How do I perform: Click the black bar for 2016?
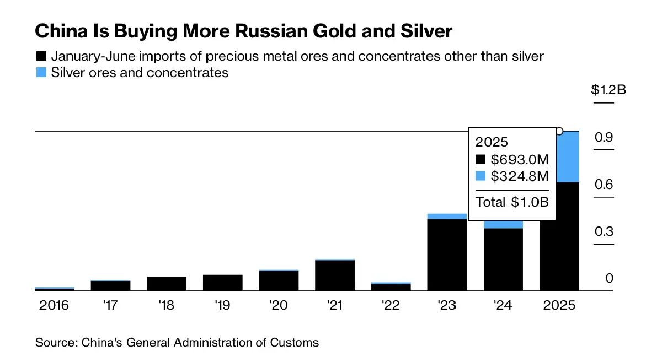point(54,289)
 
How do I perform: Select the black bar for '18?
point(167,283)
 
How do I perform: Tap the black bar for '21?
point(335,275)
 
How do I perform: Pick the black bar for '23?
point(447,255)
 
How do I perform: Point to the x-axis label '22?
point(391,305)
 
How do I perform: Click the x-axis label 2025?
point(559,305)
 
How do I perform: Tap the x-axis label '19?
point(222,305)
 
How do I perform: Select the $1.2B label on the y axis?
point(608,90)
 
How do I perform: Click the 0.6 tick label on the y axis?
point(604,184)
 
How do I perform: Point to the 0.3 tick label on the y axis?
point(604,231)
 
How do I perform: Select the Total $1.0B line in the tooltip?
point(512,202)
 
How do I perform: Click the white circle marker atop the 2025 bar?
point(559,131)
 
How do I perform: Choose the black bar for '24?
point(503,259)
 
